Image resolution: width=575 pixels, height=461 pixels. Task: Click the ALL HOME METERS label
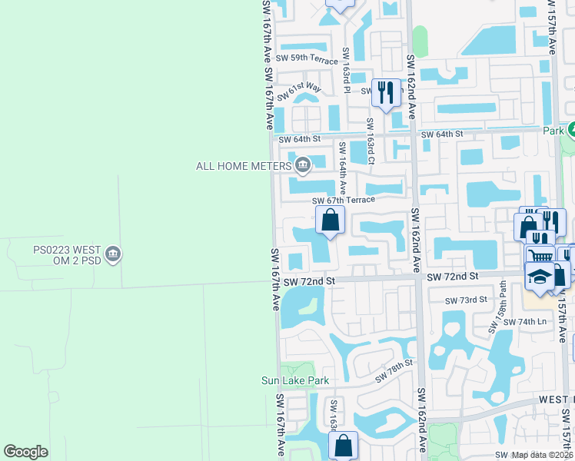click(x=244, y=166)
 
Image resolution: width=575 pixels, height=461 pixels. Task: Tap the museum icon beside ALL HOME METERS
click(x=303, y=164)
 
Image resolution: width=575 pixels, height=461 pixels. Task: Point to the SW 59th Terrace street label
click(x=307, y=59)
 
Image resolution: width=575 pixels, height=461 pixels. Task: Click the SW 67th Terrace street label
click(x=344, y=200)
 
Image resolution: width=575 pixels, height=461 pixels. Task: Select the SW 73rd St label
click(x=466, y=300)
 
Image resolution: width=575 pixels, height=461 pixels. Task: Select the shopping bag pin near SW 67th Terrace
click(x=330, y=221)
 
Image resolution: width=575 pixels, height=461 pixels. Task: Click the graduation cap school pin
click(x=540, y=276)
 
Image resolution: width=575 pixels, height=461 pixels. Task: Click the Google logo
click(x=25, y=452)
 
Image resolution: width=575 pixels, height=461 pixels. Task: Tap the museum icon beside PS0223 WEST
click(x=113, y=254)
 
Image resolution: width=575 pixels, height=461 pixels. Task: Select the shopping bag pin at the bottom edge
click(x=343, y=445)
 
